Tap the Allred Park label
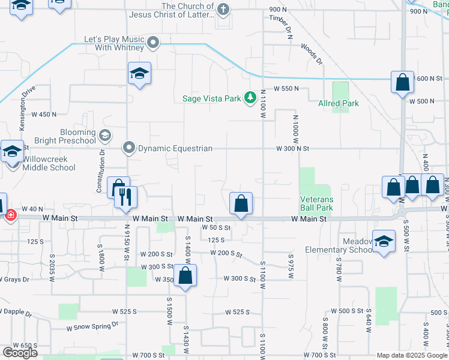pyautogui.click(x=339, y=103)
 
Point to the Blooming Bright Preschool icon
pyautogui.click(x=105, y=135)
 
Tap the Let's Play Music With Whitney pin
pyautogui.click(x=153, y=42)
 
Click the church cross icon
pyautogui.click(x=223, y=9)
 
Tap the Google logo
pyautogui.click(x=20, y=352)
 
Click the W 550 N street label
pyautogui.click(x=286, y=88)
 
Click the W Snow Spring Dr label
pyautogui.click(x=92, y=325)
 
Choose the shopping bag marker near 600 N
pyautogui.click(x=402, y=82)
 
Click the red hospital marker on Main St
pyautogui.click(x=10, y=214)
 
